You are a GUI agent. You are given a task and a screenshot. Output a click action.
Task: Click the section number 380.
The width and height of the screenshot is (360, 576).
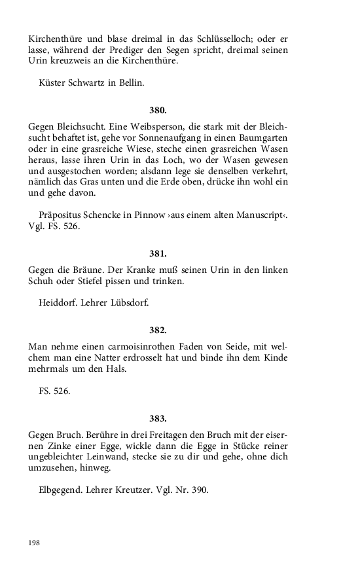(158, 110)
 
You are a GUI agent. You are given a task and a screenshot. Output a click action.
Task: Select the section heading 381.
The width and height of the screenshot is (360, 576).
(158, 253)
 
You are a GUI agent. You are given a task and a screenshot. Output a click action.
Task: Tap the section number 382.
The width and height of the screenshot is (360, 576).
(158, 330)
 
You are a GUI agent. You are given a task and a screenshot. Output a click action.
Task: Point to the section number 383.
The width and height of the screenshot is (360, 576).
(158, 418)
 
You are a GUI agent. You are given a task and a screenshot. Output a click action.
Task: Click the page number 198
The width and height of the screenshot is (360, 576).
(35, 543)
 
